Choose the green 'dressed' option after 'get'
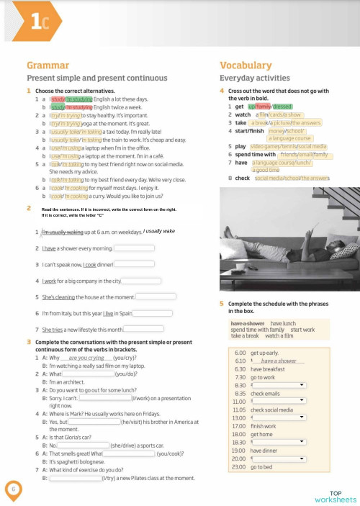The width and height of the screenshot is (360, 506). coord(282,106)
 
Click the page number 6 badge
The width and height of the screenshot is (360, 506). coord(13,490)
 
